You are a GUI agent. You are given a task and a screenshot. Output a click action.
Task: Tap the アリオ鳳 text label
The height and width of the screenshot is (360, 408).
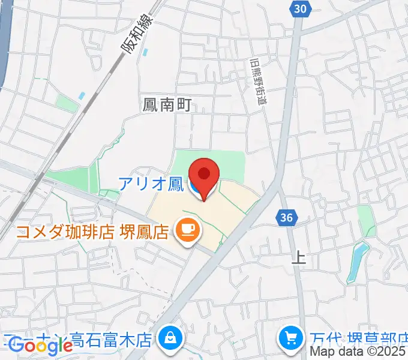coord(151,184)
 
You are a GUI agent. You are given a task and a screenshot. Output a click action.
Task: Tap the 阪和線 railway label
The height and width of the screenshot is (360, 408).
coord(140,34)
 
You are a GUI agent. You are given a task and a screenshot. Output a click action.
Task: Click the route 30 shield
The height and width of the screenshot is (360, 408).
coord(301,8)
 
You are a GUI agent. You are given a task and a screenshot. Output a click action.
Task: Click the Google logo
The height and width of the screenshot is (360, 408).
coord(40,345)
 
